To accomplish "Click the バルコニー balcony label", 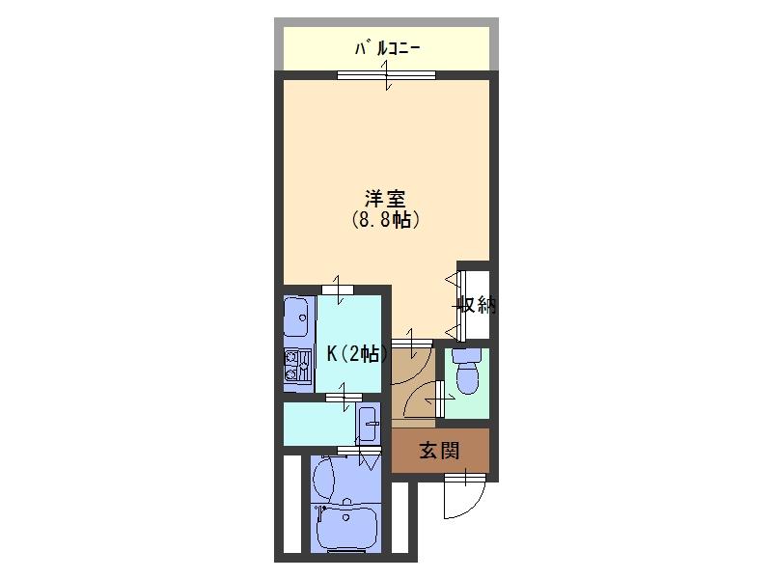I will pos(387,46).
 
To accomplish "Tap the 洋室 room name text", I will pos(385,199).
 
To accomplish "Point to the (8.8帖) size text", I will pos(385,220).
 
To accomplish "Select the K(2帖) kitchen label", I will pos(357,353).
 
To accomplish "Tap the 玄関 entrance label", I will pos(438,450).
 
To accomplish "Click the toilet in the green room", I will pos(467,377).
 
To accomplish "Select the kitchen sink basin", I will pos(296,314).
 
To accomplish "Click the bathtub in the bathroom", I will pos(345,530).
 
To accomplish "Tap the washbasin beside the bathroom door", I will pos(368,423).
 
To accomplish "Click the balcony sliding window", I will pos(386,75).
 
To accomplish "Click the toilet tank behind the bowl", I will pos(467,355).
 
